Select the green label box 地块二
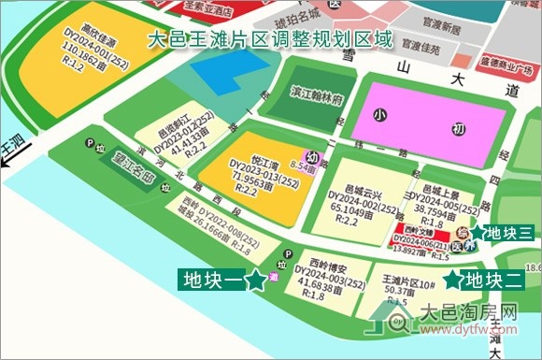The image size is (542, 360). (494, 280)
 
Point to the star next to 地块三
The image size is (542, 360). (477, 232)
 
